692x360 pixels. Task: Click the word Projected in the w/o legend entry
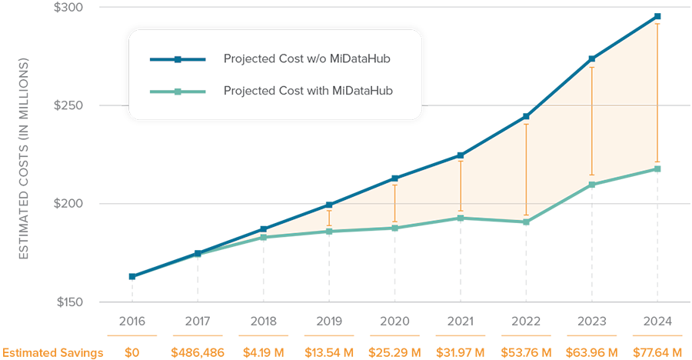pos(248,59)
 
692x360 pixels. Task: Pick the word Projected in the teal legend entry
pos(248,91)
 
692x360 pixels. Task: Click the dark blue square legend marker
pos(178,59)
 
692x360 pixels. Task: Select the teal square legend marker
pos(178,92)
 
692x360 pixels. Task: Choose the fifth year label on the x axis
pos(394,315)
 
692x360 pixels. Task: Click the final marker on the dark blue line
pos(657,15)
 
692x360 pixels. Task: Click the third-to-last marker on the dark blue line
pos(526,115)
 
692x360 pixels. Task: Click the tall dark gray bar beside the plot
pos(46,154)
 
